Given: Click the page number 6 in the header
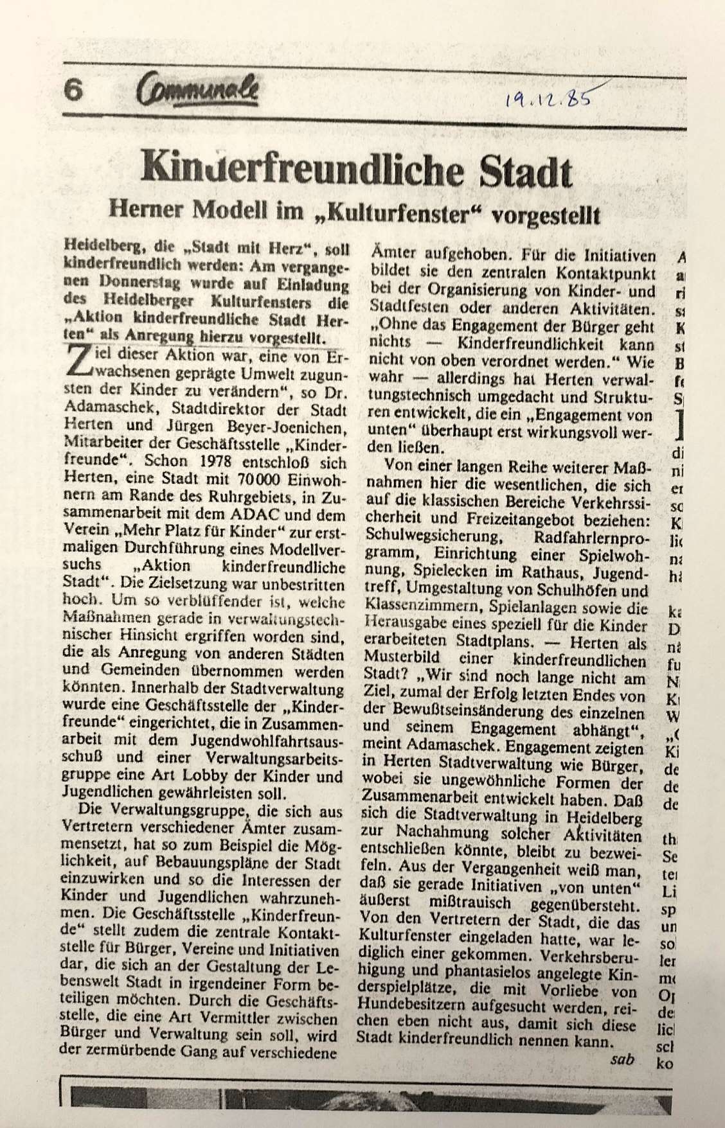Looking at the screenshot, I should pyautogui.click(x=75, y=91).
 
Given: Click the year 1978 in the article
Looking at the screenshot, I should pyautogui.click(x=208, y=463).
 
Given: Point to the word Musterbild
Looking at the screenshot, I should pyautogui.click(x=399, y=658).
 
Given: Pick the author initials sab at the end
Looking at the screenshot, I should pyautogui.click(x=621, y=1058).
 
